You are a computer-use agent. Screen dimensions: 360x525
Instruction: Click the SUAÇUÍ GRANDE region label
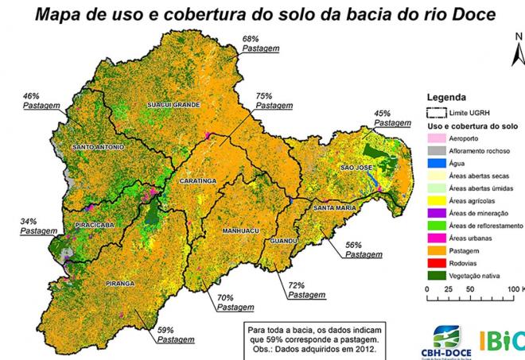(173, 104)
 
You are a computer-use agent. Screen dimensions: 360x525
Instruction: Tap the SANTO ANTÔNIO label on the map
(98, 147)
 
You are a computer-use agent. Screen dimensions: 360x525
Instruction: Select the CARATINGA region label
(198, 181)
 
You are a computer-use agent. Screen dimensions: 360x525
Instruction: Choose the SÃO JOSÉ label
(357, 168)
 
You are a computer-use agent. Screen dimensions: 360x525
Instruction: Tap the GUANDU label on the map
(284, 240)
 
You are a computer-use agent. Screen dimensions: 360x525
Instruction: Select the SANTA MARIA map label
(334, 208)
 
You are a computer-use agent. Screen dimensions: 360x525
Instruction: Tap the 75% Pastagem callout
(274, 99)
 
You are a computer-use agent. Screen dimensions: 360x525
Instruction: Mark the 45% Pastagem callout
(393, 118)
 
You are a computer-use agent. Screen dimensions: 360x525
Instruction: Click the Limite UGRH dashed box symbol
(434, 113)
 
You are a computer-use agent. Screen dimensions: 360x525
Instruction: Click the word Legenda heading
(450, 97)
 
